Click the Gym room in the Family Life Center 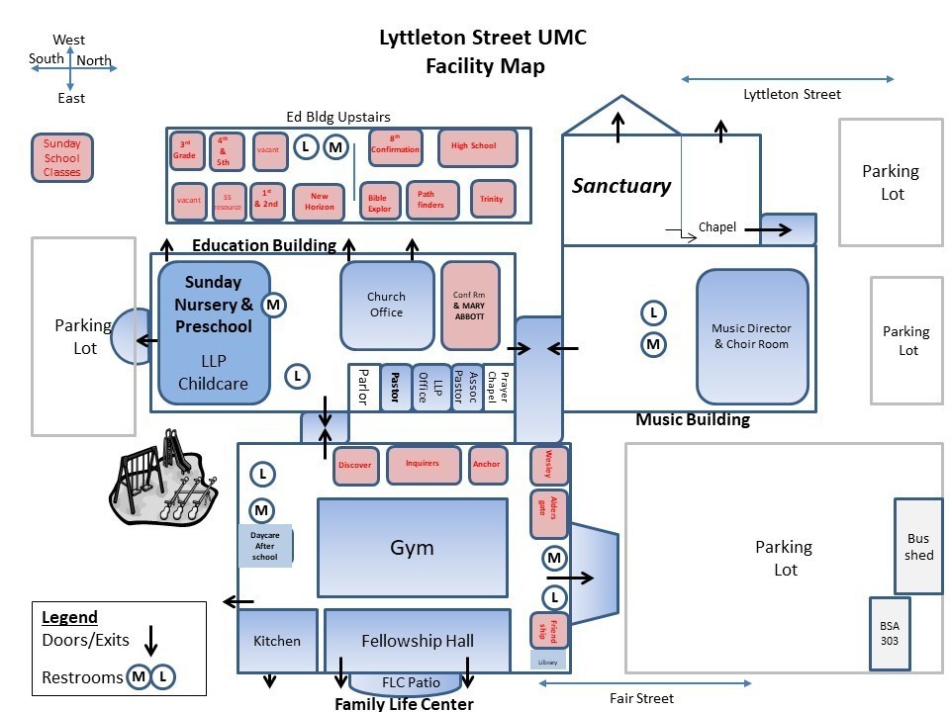point(412,547)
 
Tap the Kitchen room point(277,641)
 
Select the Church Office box point(387,305)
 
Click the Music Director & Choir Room point(751,336)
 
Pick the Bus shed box point(918,546)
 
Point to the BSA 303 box point(889,634)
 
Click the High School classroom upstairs point(478,147)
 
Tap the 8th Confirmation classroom point(396,147)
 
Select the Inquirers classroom point(423,464)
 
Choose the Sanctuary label point(621,186)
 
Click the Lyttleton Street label point(792,95)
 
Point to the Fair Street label point(641,698)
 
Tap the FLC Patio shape point(410,683)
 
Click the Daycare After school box point(264,546)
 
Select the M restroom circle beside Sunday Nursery point(274,306)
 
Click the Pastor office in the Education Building point(395,387)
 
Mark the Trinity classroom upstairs point(492,200)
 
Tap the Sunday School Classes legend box point(62,158)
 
